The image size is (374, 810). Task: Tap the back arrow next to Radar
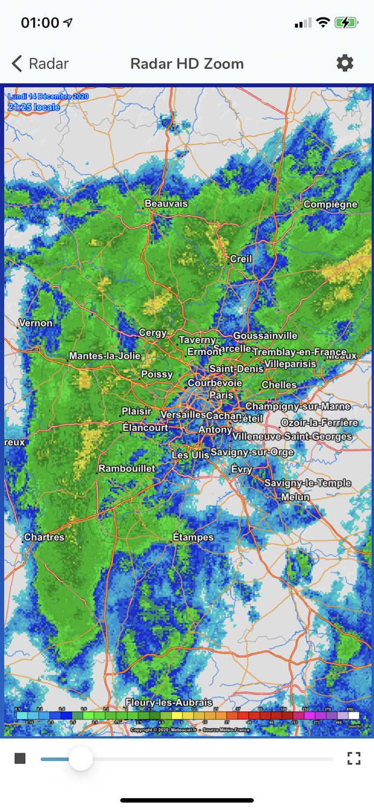(x=17, y=64)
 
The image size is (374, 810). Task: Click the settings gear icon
(x=345, y=63)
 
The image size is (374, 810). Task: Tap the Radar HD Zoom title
(x=187, y=64)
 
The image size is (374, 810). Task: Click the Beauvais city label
(x=166, y=204)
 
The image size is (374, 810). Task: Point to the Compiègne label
(x=330, y=204)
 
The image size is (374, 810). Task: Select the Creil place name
(x=241, y=259)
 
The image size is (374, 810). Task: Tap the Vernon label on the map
(x=36, y=323)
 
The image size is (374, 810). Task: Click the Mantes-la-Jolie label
(x=105, y=356)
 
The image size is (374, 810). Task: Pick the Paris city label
(x=221, y=395)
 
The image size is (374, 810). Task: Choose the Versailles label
(x=183, y=414)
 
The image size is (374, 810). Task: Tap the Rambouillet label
(x=127, y=468)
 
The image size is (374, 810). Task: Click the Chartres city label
(x=44, y=537)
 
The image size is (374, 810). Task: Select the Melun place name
(x=295, y=497)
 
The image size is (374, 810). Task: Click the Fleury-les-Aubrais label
(x=168, y=702)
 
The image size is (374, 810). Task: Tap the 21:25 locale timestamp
(x=33, y=107)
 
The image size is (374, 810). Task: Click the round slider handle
(x=81, y=759)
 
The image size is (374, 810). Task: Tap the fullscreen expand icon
(x=354, y=759)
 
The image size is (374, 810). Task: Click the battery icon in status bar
(x=345, y=23)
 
